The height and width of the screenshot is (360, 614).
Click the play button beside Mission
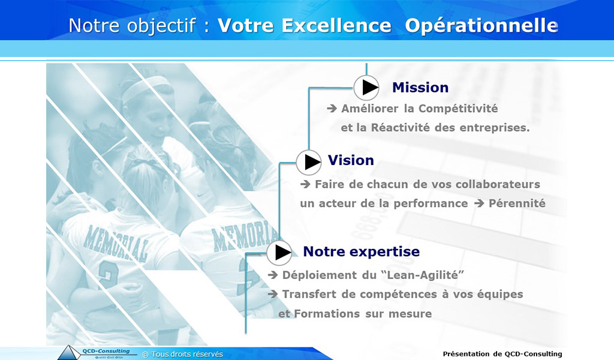[x=366, y=88]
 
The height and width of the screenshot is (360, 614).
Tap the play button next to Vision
[x=309, y=162]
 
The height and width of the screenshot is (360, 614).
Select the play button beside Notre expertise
[x=279, y=253]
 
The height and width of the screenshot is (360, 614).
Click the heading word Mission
[x=420, y=88]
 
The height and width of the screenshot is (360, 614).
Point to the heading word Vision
[x=351, y=160]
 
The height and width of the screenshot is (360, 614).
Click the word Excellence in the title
[x=336, y=26]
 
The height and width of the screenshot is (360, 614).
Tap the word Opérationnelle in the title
[x=481, y=26]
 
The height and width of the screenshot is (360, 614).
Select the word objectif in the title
[x=161, y=26]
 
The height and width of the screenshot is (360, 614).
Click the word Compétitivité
[x=458, y=109]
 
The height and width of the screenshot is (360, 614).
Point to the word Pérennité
[x=517, y=203]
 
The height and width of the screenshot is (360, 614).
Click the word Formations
[x=327, y=314]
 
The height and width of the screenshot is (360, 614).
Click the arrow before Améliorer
[x=332, y=109]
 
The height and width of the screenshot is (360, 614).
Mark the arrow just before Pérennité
[x=479, y=203]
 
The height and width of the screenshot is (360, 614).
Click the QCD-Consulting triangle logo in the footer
[x=69, y=353]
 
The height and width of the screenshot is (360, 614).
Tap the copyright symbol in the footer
[x=145, y=355]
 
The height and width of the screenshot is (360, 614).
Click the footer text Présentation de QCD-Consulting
[x=502, y=354]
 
